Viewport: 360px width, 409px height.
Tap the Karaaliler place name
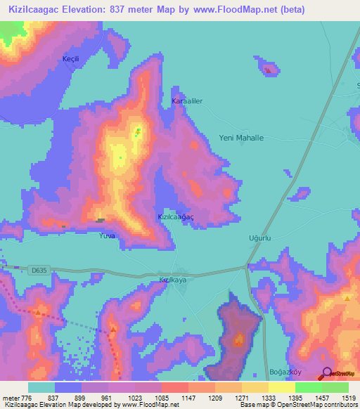(x=187, y=101)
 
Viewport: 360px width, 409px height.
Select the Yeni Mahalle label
(x=241, y=138)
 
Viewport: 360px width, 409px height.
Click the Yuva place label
(x=106, y=235)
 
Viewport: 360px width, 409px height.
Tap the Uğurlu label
(x=259, y=238)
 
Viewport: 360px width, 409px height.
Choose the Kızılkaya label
(x=172, y=280)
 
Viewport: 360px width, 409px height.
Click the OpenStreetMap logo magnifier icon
(x=328, y=375)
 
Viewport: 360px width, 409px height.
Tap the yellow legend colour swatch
(x=281, y=387)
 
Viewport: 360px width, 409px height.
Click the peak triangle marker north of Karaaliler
(x=268, y=70)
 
